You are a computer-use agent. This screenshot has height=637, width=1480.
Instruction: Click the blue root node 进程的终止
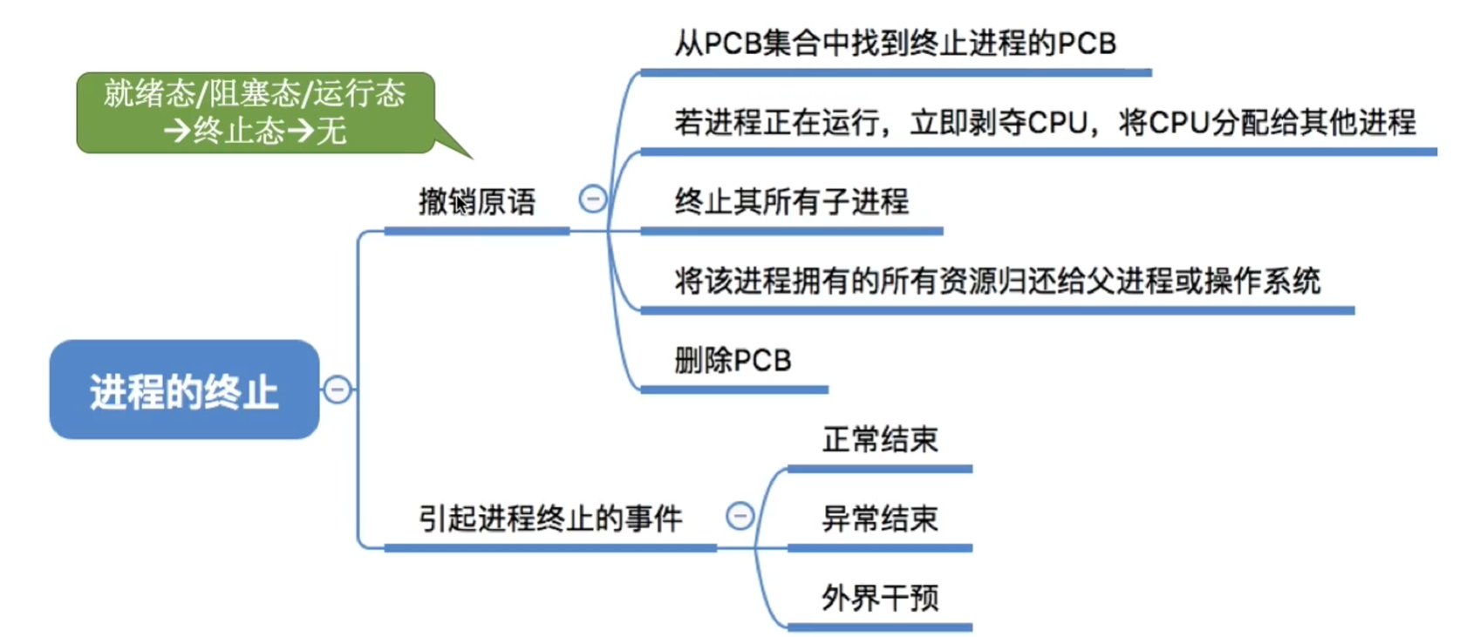(x=184, y=390)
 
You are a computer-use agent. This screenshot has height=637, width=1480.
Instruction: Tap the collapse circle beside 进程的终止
(x=338, y=390)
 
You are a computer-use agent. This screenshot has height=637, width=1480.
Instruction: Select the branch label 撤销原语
(x=476, y=202)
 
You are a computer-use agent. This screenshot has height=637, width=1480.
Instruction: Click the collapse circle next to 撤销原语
(x=593, y=200)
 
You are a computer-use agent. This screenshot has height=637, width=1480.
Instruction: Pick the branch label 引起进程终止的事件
(x=549, y=518)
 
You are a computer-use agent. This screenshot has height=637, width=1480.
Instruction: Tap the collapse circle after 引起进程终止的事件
(x=740, y=517)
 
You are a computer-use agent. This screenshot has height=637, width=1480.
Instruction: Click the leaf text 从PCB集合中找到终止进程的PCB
(x=895, y=44)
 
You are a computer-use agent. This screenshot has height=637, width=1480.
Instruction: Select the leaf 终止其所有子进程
(x=791, y=202)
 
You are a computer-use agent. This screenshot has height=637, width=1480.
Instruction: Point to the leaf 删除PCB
(x=733, y=361)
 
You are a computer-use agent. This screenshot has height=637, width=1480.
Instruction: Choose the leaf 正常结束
(x=879, y=439)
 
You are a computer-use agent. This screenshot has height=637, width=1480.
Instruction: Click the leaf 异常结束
(x=879, y=518)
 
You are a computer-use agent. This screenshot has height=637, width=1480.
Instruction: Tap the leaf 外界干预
(x=879, y=598)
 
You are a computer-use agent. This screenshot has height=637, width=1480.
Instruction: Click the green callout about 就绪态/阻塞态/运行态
(x=255, y=112)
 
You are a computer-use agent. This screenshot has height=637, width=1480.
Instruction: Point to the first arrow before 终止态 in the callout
(x=177, y=132)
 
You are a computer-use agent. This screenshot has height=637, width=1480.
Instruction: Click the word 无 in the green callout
(x=331, y=132)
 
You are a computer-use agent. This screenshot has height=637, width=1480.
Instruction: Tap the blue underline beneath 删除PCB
(x=733, y=390)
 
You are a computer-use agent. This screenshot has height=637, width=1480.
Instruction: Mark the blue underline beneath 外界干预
(x=879, y=627)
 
